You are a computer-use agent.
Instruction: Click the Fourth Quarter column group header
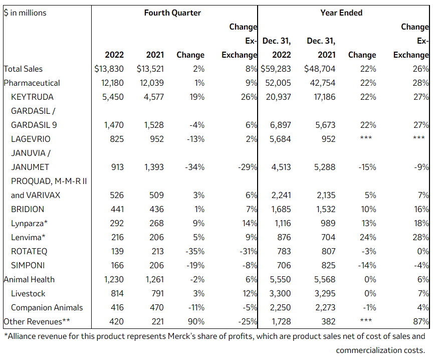tap(172, 13)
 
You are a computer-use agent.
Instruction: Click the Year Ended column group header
tap(341, 13)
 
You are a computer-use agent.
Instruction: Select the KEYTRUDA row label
tap(32, 97)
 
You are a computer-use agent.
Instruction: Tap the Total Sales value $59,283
tap(276, 69)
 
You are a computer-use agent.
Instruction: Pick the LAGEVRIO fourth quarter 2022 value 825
tap(116, 139)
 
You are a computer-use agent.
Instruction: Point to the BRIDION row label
tap(28, 209)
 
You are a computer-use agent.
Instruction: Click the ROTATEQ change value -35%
tap(195, 251)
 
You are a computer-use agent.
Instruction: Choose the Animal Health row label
tap(29, 279)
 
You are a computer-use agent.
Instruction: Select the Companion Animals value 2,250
tap(280, 307)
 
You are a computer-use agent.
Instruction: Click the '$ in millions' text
tap(25, 13)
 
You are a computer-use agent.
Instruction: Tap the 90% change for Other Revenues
tap(196, 321)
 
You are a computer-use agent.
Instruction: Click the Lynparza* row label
tap(29, 223)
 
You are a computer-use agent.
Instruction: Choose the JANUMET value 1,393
tap(154, 167)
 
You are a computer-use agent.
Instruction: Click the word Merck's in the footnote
tap(181, 336)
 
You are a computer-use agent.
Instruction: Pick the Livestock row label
tap(28, 293)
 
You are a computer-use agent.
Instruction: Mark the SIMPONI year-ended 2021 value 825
tap(328, 265)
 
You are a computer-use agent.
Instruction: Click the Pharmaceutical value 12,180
tap(112, 83)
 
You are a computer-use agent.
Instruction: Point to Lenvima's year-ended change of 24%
tap(368, 237)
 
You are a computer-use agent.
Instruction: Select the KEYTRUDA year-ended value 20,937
tap(278, 97)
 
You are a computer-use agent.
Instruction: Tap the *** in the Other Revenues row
tap(366, 320)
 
